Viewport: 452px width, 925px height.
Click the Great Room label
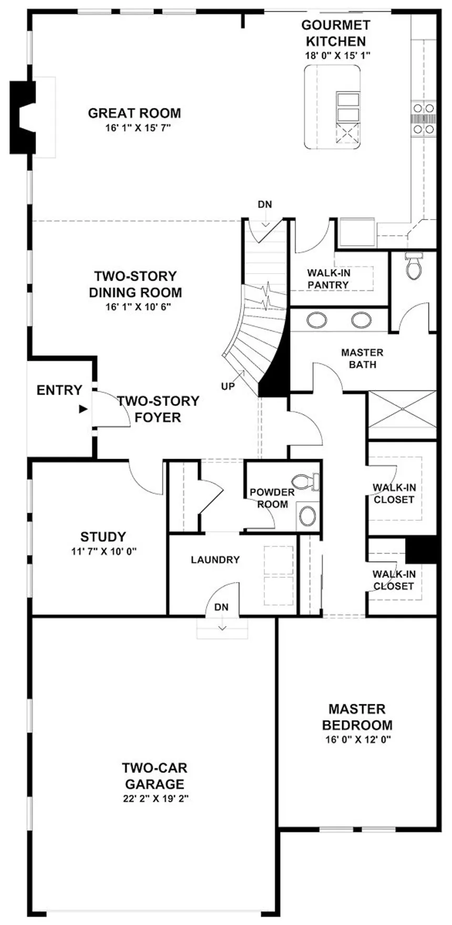135,113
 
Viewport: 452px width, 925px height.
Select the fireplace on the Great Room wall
24,117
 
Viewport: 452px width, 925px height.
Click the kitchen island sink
348,108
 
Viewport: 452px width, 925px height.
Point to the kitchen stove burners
424,118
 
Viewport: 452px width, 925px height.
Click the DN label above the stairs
265,204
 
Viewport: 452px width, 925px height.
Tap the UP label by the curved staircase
228,387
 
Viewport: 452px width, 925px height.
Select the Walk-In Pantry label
328,279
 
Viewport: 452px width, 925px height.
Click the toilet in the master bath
415,265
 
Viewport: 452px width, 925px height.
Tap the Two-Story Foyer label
158,409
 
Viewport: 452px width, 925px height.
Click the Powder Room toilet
306,481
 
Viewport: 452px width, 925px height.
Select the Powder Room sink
307,516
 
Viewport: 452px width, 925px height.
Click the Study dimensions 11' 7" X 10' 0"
104,552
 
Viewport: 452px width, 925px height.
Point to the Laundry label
215,560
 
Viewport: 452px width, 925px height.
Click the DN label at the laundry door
221,607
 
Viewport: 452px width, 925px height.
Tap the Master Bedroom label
357,718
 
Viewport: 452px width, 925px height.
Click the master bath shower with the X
402,415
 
